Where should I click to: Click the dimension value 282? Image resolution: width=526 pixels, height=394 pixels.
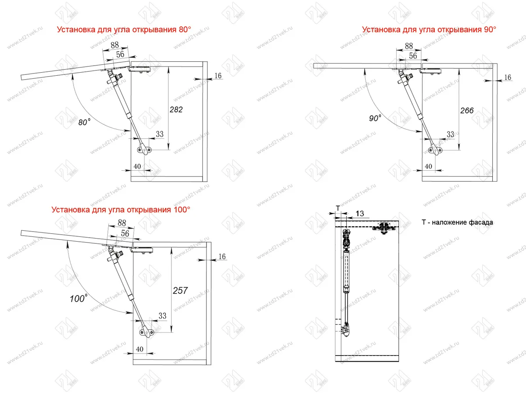tap(176, 109)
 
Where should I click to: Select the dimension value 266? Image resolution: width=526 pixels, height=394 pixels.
tap(467, 110)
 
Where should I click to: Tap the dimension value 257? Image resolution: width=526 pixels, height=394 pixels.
tap(180, 291)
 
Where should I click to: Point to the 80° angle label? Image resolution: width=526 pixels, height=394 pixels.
tap(84, 122)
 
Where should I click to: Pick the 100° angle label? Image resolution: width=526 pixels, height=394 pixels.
tap(78, 298)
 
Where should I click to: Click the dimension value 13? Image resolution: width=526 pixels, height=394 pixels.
tap(360, 213)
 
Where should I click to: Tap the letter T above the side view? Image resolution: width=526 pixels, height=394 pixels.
tap(338, 208)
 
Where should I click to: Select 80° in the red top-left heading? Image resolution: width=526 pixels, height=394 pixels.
tap(185, 29)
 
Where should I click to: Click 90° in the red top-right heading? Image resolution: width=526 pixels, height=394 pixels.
tap(490, 29)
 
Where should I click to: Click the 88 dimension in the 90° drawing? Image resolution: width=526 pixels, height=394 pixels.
tap(409, 46)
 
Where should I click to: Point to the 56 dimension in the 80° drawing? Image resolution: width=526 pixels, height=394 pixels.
tap(120, 54)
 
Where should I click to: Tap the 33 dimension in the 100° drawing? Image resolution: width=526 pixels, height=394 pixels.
tap(162, 316)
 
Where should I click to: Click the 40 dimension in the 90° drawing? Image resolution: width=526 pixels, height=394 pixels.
tap(428, 166)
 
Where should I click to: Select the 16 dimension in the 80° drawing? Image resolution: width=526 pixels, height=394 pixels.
tap(218, 76)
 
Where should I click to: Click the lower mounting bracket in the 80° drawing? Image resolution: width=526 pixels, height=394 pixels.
tap(145, 149)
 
